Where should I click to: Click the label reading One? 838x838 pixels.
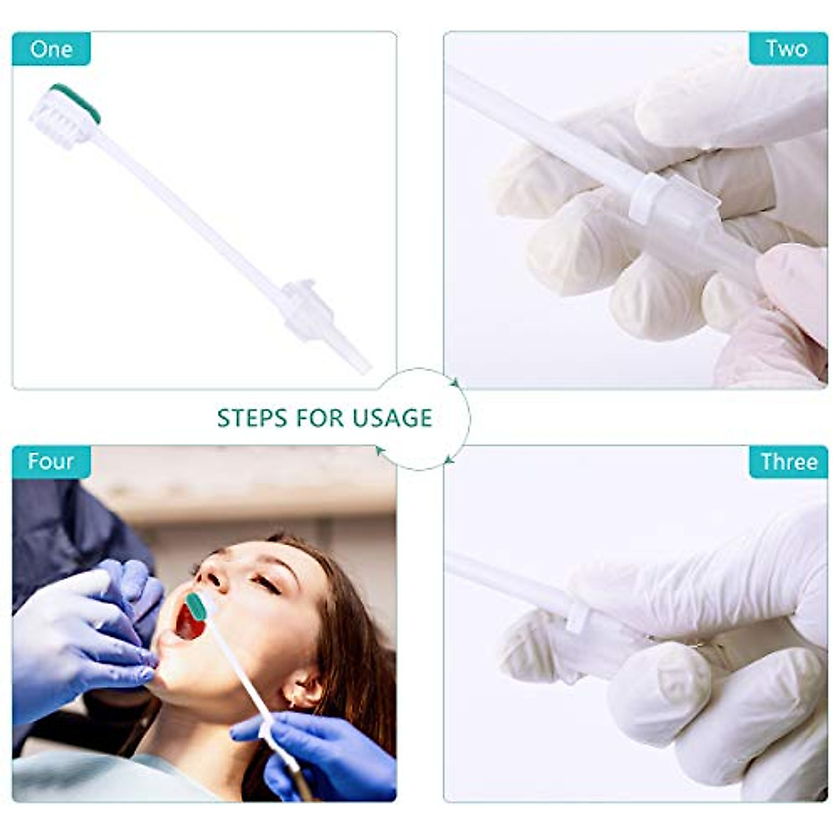51,49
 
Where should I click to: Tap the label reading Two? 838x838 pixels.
787,49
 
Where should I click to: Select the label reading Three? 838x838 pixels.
788,462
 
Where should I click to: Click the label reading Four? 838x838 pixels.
51,462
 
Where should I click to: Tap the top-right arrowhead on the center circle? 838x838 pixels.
455,382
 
